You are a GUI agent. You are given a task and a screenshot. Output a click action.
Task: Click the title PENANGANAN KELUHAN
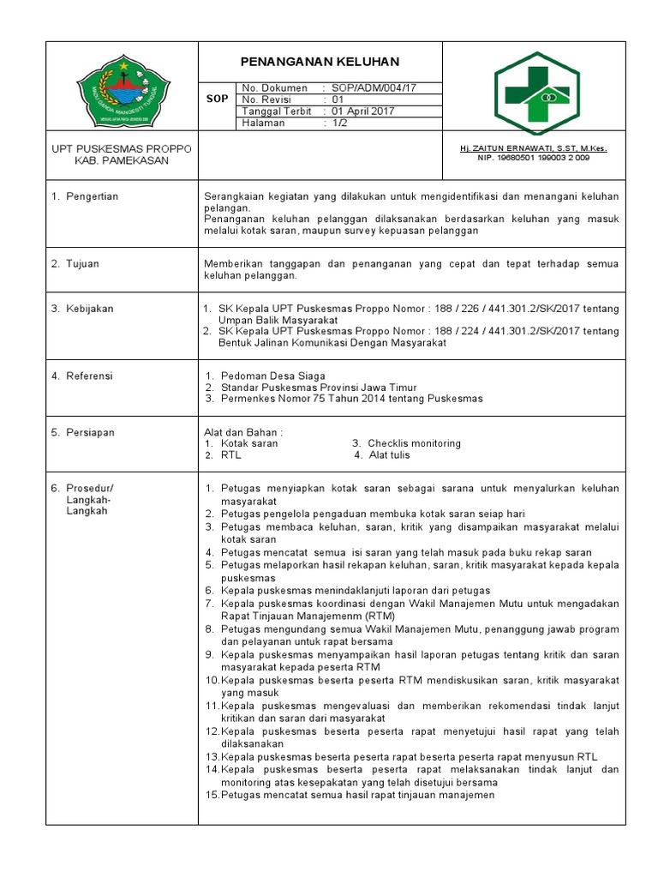(x=320, y=63)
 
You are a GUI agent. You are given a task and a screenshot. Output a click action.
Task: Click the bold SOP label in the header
(x=218, y=99)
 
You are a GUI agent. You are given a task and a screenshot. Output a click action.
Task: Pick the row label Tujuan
(x=82, y=263)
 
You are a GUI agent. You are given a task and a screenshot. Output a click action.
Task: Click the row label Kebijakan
(x=89, y=309)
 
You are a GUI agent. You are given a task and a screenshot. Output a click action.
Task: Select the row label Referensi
(x=89, y=376)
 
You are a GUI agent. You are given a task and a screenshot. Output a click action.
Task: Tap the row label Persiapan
(x=90, y=432)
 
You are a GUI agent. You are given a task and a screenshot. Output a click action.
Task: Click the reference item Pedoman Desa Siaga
(x=272, y=376)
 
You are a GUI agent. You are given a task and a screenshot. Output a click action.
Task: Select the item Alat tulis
(x=389, y=455)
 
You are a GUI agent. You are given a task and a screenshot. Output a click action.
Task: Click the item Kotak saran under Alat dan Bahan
(x=249, y=443)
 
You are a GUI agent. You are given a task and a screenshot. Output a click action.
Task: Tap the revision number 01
(x=337, y=99)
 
